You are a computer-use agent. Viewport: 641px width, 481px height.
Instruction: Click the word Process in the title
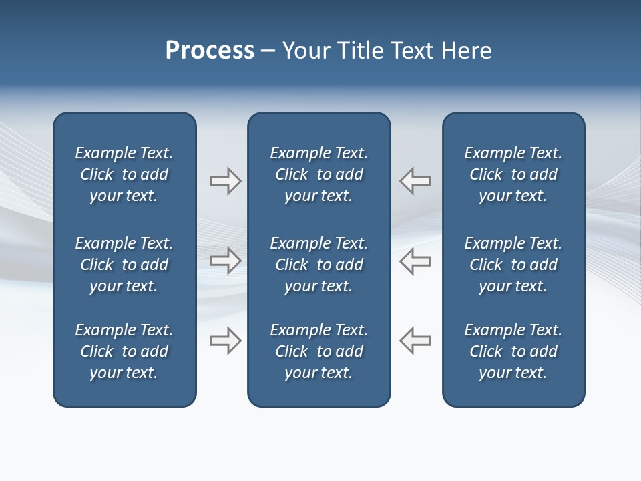[x=210, y=51]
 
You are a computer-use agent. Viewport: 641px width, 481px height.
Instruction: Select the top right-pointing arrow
[x=225, y=181]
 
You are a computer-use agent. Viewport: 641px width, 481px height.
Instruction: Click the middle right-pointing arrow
[x=225, y=261]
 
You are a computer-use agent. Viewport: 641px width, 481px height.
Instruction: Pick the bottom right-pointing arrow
[x=225, y=341]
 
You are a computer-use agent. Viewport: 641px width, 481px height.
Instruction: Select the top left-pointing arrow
[x=415, y=181]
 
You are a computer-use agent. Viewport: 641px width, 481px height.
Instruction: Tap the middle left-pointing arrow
[x=415, y=261]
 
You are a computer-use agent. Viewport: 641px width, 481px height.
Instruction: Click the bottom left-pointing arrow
[x=415, y=341]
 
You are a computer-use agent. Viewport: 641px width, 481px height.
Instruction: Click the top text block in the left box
[x=124, y=174]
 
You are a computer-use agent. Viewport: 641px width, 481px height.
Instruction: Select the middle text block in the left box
[x=124, y=265]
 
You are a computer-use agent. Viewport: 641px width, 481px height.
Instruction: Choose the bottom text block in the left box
[x=124, y=351]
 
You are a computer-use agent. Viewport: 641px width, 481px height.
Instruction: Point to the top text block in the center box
[x=318, y=174]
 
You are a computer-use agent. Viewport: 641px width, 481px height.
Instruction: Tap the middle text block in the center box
[x=318, y=265]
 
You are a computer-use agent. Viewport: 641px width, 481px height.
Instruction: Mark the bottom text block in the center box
[x=318, y=351]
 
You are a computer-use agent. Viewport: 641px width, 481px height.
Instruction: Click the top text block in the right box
[x=513, y=174]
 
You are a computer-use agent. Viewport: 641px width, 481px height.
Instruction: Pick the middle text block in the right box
[x=513, y=265]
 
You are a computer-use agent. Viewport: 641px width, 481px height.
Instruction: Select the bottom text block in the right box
[x=513, y=351]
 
